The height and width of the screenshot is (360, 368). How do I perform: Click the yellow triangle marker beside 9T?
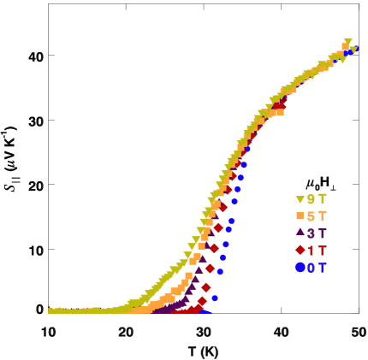click(x=300, y=199)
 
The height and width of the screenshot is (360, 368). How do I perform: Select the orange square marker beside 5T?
click(x=300, y=216)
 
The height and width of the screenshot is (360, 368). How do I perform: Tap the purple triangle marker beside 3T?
click(x=300, y=233)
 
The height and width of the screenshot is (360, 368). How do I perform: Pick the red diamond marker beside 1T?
click(x=300, y=250)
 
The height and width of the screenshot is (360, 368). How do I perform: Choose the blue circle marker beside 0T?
click(x=300, y=267)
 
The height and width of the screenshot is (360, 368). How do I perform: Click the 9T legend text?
click(x=317, y=199)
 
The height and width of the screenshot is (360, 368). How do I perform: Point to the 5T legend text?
click(x=317, y=216)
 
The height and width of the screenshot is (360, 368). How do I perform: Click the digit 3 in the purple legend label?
click(x=312, y=233)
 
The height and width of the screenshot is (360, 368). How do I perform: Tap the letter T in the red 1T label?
click(x=322, y=250)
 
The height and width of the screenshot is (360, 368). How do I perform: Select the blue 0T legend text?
click(x=317, y=267)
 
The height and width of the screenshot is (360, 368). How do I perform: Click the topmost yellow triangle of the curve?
click(x=347, y=42)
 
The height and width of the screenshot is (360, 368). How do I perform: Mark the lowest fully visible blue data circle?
click(x=215, y=298)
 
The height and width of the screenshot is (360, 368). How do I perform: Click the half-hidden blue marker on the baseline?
click(x=205, y=312)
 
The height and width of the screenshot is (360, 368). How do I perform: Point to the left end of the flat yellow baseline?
click(x=51, y=310)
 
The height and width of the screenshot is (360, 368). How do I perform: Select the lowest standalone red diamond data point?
click(x=202, y=301)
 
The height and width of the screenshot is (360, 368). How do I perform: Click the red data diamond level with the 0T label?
click(x=211, y=268)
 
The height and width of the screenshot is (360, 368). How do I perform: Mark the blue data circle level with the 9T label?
click(x=234, y=202)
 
